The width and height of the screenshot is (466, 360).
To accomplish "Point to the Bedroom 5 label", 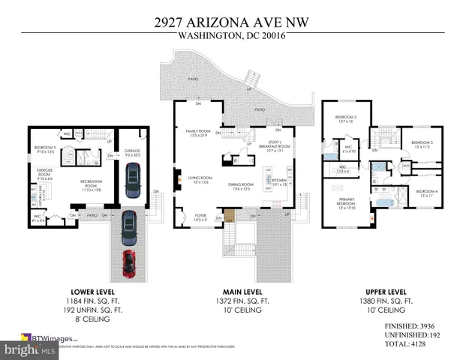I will (x=46, y=149).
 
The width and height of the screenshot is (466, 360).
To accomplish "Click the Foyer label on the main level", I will (x=201, y=217).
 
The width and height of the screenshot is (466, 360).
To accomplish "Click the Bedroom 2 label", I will (x=345, y=118).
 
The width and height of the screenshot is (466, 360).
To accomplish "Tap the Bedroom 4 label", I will (x=426, y=192).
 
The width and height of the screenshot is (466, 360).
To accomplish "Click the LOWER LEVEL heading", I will (x=92, y=291).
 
